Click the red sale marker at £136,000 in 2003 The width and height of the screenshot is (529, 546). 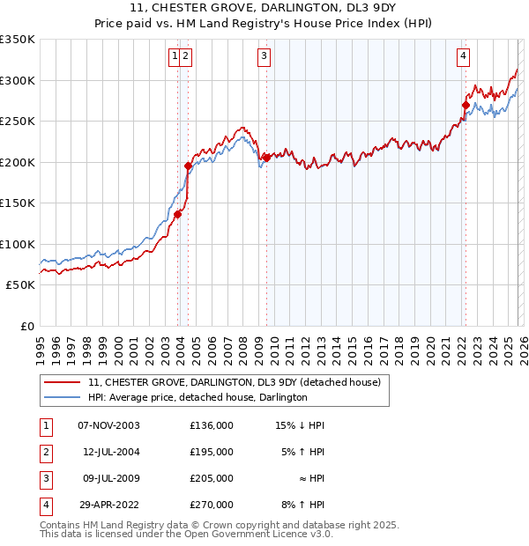pyautogui.click(x=177, y=214)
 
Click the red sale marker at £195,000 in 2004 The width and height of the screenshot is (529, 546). pyautogui.click(x=188, y=166)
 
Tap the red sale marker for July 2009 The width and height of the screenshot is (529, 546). pyautogui.click(x=265, y=158)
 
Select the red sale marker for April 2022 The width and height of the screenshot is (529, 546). pyautogui.click(x=465, y=104)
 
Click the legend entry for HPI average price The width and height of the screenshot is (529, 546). pyautogui.click(x=197, y=397)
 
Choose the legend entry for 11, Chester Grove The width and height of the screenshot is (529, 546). pyautogui.click(x=234, y=383)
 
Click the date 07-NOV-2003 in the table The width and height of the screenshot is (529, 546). pyautogui.click(x=109, y=425)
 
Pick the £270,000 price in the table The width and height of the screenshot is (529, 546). pyautogui.click(x=211, y=505)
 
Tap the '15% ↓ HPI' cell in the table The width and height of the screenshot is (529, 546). pyautogui.click(x=300, y=425)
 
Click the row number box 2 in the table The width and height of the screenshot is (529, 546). pyautogui.click(x=44, y=452)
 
